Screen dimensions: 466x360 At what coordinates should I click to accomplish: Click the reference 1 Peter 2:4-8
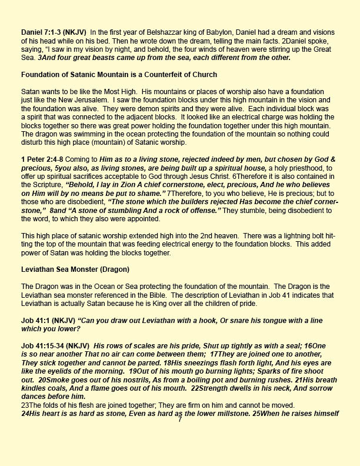coord(42,170)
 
